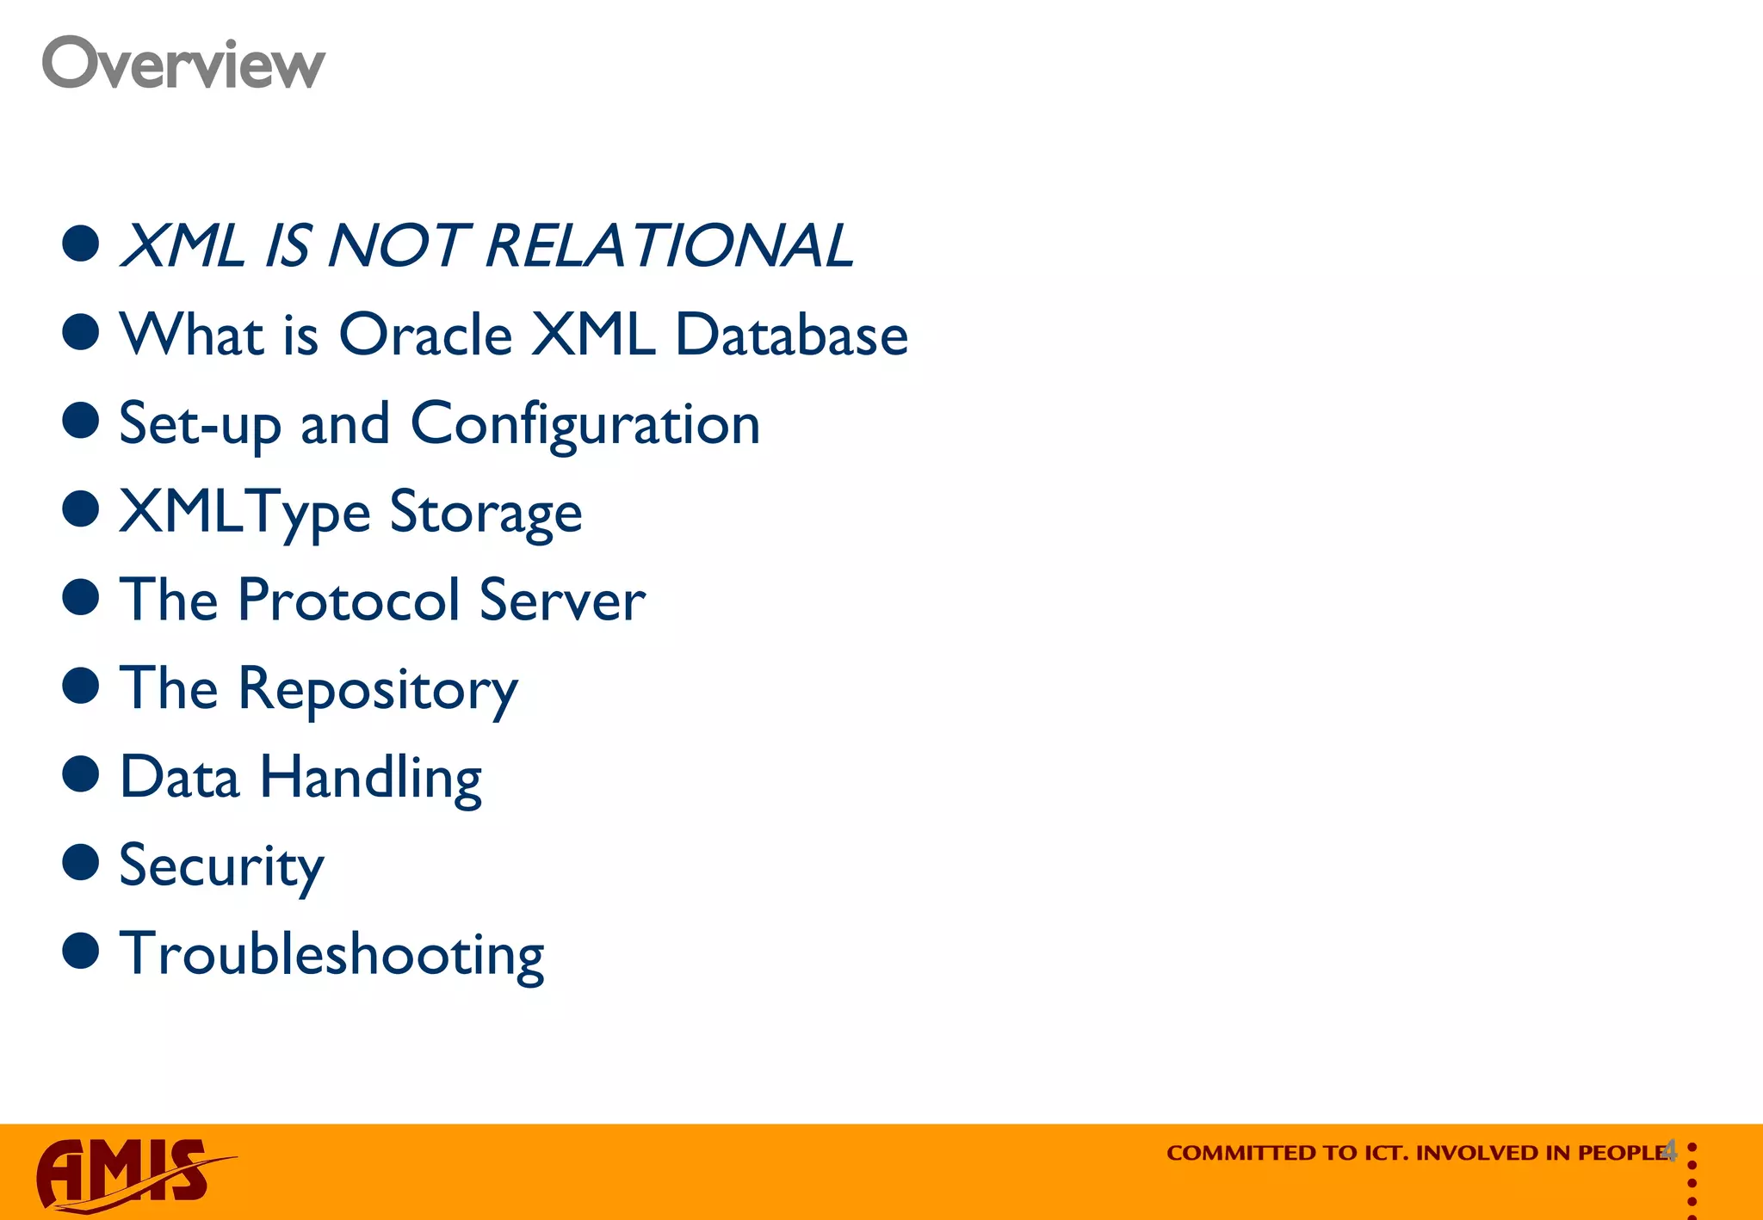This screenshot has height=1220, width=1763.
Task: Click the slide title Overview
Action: (183, 64)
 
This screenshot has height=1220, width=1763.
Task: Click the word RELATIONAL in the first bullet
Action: (669, 246)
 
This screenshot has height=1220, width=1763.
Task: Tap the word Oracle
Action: (426, 335)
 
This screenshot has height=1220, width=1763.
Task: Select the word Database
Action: (791, 335)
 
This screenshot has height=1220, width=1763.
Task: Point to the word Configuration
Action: (585, 424)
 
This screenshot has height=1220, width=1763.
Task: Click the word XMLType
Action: (244, 514)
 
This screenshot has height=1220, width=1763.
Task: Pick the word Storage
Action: (486, 514)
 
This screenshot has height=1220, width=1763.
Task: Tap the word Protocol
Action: (349, 600)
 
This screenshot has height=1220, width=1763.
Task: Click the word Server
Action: (562, 600)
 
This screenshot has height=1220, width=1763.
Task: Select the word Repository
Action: (378, 690)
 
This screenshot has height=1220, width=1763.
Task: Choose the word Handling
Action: (370, 779)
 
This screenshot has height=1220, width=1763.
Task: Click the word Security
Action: (221, 866)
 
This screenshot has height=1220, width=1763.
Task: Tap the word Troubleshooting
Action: (331, 955)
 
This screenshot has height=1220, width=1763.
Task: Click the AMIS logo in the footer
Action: (129, 1173)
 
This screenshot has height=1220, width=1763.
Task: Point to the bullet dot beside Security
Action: (81, 862)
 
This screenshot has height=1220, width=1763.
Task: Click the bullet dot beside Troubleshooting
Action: (81, 951)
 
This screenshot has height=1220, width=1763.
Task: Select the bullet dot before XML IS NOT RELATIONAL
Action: (81, 243)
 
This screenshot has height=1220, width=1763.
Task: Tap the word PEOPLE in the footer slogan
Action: (1623, 1153)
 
